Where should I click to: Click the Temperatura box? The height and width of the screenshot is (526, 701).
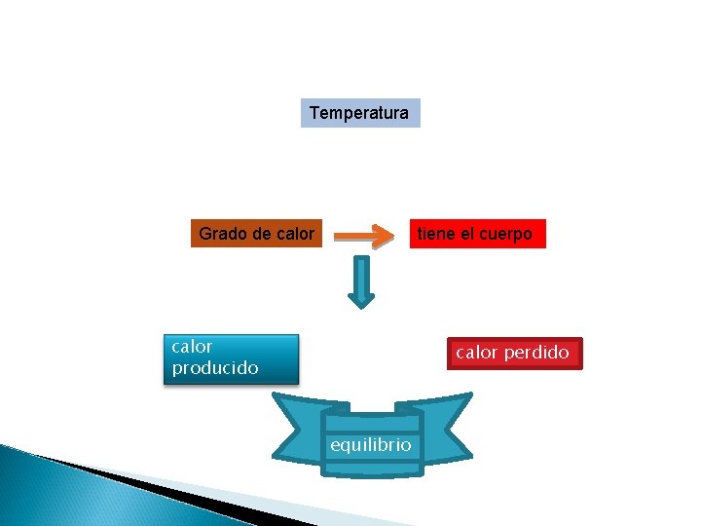pos(359,113)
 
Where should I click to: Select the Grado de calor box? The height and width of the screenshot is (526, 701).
pos(256,234)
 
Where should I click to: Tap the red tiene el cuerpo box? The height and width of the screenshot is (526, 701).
pos(475,234)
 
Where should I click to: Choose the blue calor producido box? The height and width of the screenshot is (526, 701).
pos(230,357)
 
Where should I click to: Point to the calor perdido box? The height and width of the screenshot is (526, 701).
pos(512,353)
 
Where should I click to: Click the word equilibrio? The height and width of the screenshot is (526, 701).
pos(371,445)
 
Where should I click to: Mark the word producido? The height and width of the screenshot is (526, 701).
pos(215,368)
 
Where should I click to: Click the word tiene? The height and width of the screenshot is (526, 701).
pos(436,234)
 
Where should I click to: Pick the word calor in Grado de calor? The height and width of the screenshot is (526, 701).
pos(294,234)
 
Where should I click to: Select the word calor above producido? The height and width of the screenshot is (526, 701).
pos(192,346)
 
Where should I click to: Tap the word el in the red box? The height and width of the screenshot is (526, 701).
pos(464,234)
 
